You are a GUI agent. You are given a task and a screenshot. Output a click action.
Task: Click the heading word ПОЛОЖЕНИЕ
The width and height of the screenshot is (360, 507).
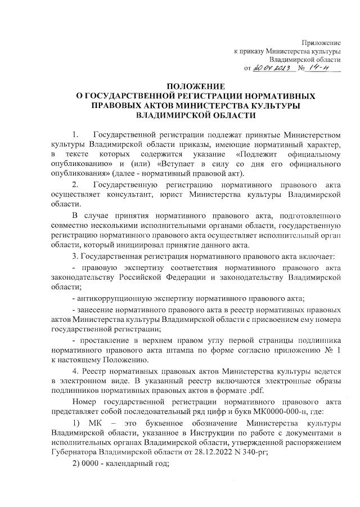click(181, 87)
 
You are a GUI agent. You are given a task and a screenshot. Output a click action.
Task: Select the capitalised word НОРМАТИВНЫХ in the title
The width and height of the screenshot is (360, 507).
click(273, 96)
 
